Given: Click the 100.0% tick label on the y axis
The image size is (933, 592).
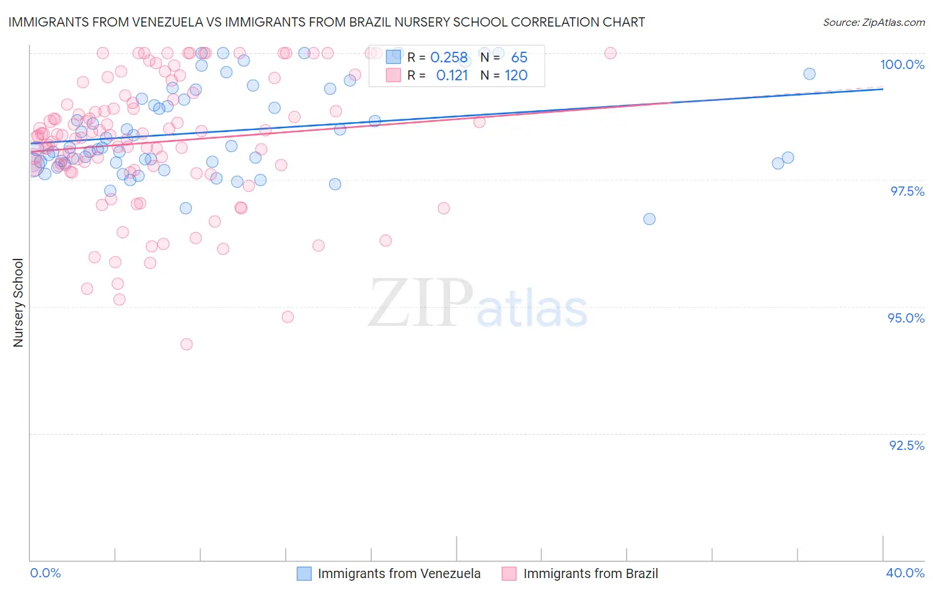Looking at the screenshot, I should pos(902,64).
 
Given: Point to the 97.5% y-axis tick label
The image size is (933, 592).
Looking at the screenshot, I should pos(906,191).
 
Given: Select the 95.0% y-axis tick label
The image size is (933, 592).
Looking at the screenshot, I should pos(906,318).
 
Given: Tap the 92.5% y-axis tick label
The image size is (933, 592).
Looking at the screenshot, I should pos(906,445).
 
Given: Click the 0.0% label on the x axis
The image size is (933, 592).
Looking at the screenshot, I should pos(45,573).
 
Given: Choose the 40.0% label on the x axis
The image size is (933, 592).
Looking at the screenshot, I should pos(904,573).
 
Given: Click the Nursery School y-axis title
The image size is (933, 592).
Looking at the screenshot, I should pos(19,303).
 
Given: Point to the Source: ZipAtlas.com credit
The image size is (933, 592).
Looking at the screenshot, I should pos(873,22).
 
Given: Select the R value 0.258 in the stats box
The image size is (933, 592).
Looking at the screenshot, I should pos(449,58).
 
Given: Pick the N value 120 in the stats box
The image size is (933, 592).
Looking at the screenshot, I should pos(516,76).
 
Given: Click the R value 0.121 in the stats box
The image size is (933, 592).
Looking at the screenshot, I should pos(452,76).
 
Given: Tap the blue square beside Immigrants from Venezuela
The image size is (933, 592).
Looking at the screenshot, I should pos(304,573).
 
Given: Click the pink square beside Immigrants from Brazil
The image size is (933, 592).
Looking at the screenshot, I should pos(509,573).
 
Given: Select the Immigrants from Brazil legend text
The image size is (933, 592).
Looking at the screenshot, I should pos(591,573).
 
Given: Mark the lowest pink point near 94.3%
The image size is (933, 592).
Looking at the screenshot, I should pos(186,344).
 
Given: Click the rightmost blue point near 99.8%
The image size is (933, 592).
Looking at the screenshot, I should pos(809,74).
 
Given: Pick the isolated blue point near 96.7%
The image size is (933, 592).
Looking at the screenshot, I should pos(649,219).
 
